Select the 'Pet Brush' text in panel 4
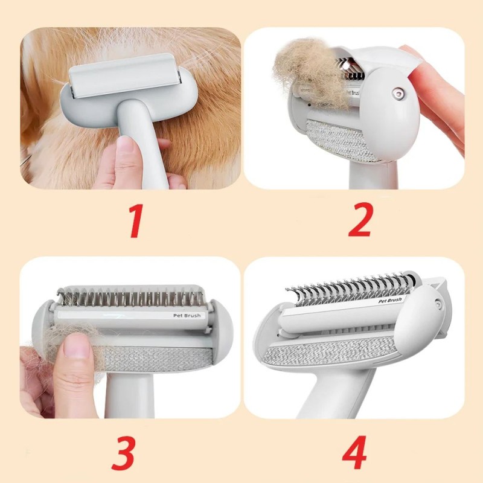[x=390, y=301]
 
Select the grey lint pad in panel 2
[x=341, y=139]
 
